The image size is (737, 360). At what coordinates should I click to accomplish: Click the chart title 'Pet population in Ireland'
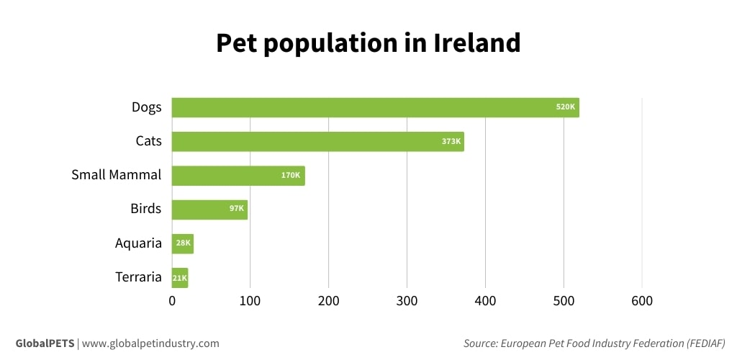point(368,43)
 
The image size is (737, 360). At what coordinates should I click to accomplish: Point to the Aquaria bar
point(183,243)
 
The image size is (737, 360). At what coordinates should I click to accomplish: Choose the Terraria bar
point(180,277)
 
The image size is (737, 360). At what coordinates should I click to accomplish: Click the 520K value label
point(566,107)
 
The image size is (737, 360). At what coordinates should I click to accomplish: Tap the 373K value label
point(451,141)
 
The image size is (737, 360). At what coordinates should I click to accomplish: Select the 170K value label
point(291,175)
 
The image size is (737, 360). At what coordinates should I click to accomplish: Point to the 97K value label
point(237,210)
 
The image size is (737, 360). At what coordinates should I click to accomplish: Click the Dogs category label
point(146,107)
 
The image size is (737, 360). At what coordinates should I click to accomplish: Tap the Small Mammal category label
point(116,175)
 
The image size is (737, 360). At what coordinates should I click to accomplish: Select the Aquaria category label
point(138,243)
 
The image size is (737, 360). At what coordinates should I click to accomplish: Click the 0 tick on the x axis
point(172,300)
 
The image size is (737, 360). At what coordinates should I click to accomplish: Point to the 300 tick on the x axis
point(407,300)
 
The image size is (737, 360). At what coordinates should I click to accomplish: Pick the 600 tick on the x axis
point(641,300)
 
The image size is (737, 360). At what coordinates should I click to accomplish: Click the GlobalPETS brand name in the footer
point(45,343)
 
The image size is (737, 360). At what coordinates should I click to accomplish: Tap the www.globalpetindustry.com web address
point(150,343)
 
